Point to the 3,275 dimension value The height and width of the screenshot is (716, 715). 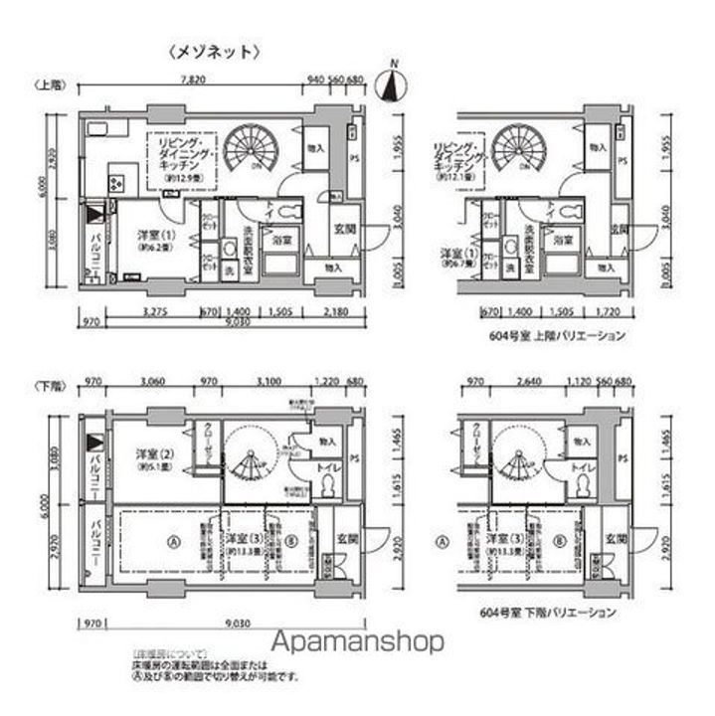[x=153, y=311]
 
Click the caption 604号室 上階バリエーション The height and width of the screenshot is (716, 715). [x=558, y=336]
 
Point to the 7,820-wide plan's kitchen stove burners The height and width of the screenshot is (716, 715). [x=115, y=182]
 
